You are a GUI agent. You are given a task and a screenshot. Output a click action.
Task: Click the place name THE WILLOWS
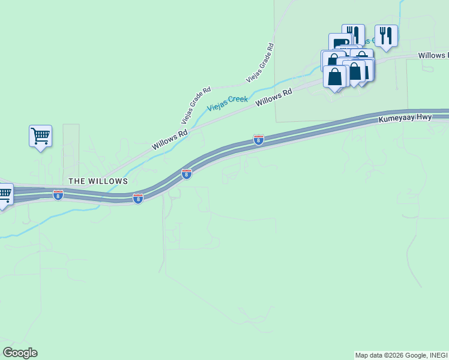pyautogui.click(x=98, y=181)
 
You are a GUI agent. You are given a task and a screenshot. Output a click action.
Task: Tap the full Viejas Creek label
pyautogui.click(x=228, y=103)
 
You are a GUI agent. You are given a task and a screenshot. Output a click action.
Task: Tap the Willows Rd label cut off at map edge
pyautogui.click(x=433, y=55)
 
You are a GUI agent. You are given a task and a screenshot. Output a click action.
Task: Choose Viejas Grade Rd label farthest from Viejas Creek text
pyautogui.click(x=259, y=62)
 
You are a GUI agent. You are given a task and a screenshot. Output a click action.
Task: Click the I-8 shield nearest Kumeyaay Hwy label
pyautogui.click(x=259, y=140)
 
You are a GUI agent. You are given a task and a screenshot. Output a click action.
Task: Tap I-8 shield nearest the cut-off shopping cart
pyautogui.click(x=58, y=195)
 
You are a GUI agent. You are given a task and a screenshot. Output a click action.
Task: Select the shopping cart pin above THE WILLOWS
pyautogui.click(x=40, y=136)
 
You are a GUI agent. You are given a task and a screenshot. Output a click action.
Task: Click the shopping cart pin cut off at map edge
pyautogui.click(x=5, y=194)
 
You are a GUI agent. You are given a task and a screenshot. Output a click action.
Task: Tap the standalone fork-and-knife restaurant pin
pyautogui.click(x=386, y=35)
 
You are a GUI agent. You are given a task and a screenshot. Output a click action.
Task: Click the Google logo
pyautogui.click(x=20, y=353)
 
